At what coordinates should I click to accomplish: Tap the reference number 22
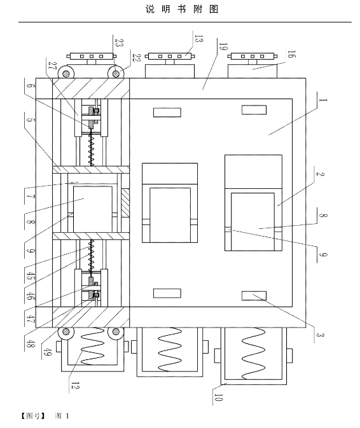pyautogui.click(x=136, y=58)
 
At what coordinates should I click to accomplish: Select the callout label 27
pyautogui.click(x=52, y=66)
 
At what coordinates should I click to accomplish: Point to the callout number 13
pyautogui.click(x=198, y=39)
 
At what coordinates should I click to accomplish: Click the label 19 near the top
pyautogui.click(x=223, y=46)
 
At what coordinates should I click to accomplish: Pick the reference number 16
pyautogui.click(x=291, y=54)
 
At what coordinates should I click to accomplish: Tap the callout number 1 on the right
pyautogui.click(x=322, y=100)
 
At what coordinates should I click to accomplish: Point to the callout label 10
pyautogui.click(x=218, y=397)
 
